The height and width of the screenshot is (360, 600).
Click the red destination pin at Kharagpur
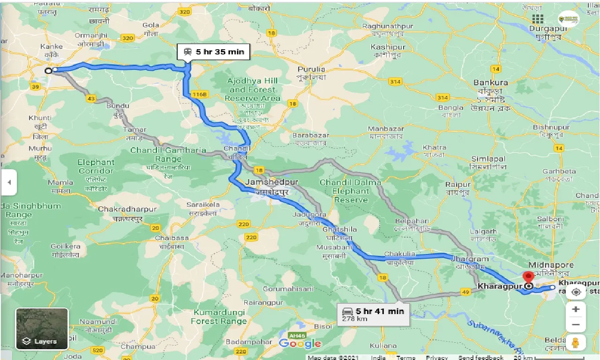528,278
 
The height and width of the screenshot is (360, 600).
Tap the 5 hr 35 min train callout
213,52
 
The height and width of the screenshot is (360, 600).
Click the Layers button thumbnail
42,329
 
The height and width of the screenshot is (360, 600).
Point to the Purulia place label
311,69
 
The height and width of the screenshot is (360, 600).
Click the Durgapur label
548,28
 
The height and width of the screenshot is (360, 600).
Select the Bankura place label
490,82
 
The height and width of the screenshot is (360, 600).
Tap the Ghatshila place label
339,230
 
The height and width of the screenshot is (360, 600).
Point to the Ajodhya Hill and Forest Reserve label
252,89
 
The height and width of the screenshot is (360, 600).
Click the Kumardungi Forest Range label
218,316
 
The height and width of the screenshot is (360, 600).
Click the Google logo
300,344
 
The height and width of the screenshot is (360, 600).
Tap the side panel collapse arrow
8,182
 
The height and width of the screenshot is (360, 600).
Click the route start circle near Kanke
48,71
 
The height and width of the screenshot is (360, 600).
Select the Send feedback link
481,357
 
